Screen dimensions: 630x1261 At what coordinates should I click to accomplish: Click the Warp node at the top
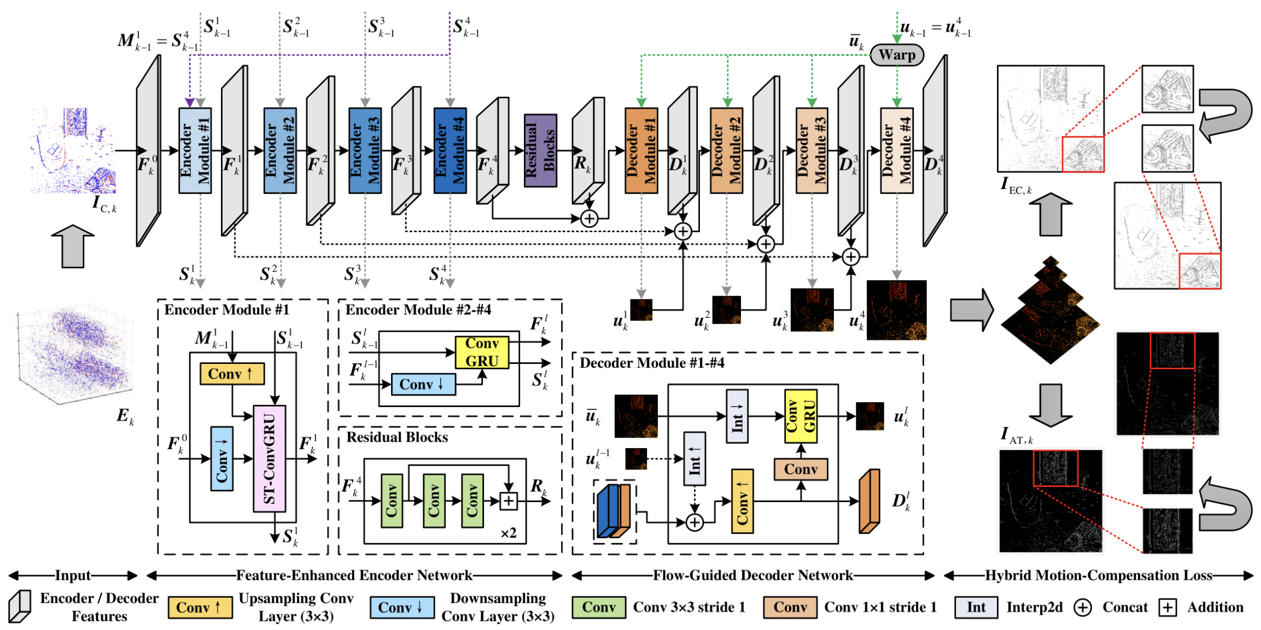tap(897, 55)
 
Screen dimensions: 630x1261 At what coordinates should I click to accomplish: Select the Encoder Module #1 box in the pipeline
tap(195, 150)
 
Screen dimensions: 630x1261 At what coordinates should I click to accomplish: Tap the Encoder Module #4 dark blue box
tap(450, 150)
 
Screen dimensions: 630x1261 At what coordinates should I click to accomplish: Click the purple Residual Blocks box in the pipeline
tap(540, 150)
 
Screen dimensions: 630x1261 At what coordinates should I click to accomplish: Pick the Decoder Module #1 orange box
tap(641, 150)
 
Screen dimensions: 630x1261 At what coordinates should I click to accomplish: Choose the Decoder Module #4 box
tap(897, 150)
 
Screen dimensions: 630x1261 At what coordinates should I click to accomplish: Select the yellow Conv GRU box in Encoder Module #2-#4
tap(482, 352)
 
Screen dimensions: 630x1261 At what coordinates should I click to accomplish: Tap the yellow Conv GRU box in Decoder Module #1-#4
tap(801, 416)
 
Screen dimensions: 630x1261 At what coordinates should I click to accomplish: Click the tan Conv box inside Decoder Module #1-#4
tap(801, 469)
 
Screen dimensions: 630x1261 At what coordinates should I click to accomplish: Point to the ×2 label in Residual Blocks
tap(509, 533)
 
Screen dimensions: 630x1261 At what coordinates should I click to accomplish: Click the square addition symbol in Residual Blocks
tap(509, 501)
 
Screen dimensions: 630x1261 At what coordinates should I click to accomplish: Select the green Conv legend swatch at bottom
tap(599, 607)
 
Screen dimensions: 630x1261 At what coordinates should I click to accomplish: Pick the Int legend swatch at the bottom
tap(976, 607)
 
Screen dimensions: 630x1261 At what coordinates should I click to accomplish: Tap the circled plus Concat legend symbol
tap(1082, 607)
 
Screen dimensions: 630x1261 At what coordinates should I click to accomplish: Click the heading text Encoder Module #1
tap(226, 310)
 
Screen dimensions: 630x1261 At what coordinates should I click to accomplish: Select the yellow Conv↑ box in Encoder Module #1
tap(232, 374)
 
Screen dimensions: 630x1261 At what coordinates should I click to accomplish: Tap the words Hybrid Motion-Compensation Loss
tap(1099, 575)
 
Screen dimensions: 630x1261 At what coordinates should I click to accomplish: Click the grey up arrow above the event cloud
tap(73, 246)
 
